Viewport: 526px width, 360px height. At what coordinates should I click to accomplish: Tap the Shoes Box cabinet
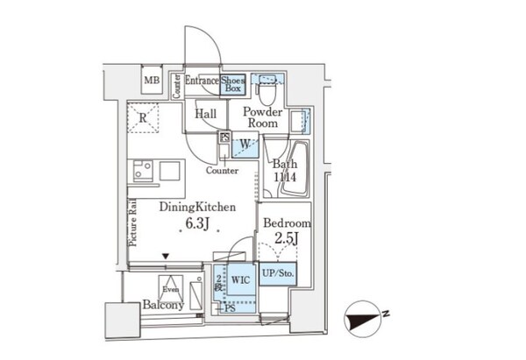coord(232,83)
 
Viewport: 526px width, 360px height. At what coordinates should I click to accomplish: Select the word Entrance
coord(201,80)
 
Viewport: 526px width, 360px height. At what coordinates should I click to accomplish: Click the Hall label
coord(205,113)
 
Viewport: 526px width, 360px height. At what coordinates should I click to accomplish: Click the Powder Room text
coord(263,118)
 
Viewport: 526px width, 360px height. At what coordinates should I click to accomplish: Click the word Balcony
coord(163,306)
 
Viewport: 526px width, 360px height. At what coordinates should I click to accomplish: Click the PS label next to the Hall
coord(224,138)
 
